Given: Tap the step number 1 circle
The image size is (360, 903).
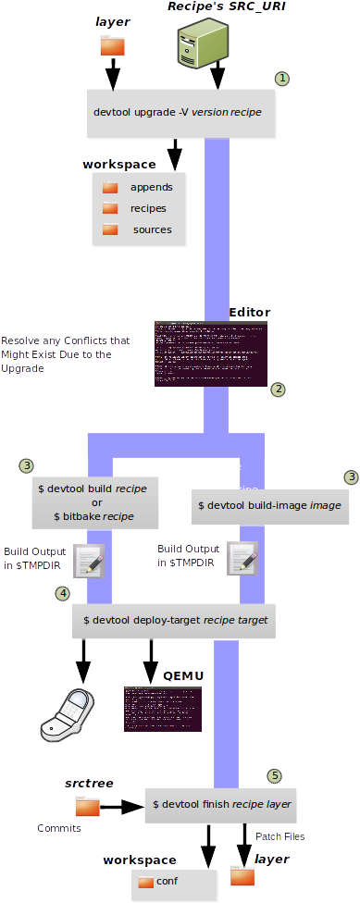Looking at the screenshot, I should coord(283,80).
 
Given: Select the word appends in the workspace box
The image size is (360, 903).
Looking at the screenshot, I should coord(151,187).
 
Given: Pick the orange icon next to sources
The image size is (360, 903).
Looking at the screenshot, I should coord(110,229).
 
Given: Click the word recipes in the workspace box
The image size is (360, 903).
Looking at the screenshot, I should coord(148,208).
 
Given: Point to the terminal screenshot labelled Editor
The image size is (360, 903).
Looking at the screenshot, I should coord(211,353).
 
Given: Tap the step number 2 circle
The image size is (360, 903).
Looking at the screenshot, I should coord(278,390).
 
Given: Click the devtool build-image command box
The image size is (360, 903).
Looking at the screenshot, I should coord(269,506).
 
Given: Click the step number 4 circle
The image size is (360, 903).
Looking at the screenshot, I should coord(63,593).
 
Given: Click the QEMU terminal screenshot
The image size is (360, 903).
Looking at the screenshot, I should coord(163,709).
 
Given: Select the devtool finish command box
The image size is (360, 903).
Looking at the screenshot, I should coord(221,805).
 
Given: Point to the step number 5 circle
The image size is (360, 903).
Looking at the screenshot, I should coord(274,775).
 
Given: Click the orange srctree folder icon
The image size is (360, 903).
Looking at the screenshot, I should coord(87,807).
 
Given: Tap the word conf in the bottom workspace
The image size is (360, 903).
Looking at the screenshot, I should coord(168,882).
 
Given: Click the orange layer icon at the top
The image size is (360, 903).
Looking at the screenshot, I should coord(112,45).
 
